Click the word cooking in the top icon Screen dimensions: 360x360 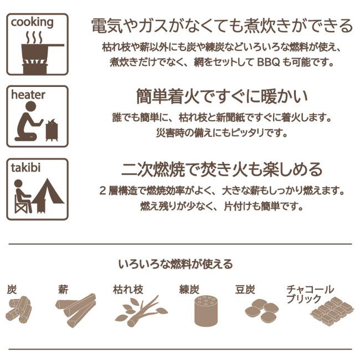coord(32,23)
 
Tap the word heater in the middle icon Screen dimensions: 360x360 coord(28,95)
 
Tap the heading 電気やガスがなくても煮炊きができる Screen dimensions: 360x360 coord(222,25)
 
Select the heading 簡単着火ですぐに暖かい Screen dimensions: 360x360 coord(222,96)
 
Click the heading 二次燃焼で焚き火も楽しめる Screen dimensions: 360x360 coord(222,169)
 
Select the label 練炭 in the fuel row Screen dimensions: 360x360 coord(189,289)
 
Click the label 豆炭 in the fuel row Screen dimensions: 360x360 coord(245,289)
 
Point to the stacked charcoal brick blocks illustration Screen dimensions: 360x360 coord(332,313)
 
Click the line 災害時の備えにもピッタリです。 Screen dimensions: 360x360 coord(222,133)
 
